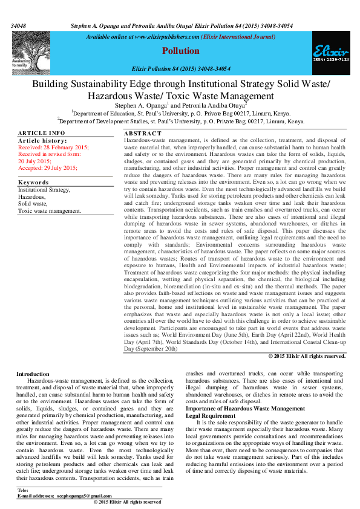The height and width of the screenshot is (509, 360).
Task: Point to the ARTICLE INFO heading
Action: point(41,132)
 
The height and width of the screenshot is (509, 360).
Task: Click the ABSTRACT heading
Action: point(143,133)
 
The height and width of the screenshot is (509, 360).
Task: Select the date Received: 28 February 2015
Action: point(53,148)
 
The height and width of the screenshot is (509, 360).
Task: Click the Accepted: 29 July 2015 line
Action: point(48,167)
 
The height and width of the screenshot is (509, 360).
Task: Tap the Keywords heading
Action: point(33,182)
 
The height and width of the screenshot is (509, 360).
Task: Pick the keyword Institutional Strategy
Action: point(44,189)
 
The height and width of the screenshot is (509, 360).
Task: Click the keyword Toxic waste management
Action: point(49,211)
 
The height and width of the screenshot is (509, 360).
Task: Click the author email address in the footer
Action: point(82,496)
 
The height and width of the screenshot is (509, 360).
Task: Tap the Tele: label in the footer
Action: point(24,490)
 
